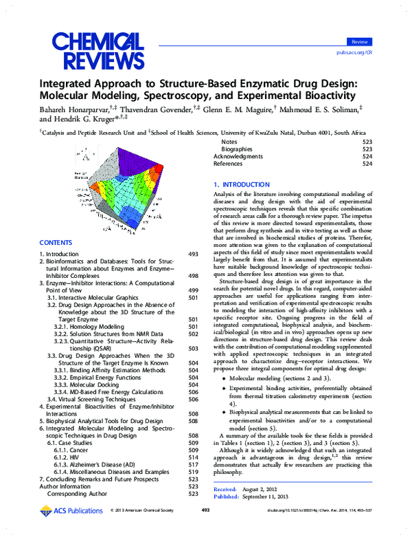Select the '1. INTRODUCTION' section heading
coord(241,185)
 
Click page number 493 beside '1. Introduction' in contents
coord(193,255)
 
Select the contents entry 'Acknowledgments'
coord(238,156)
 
